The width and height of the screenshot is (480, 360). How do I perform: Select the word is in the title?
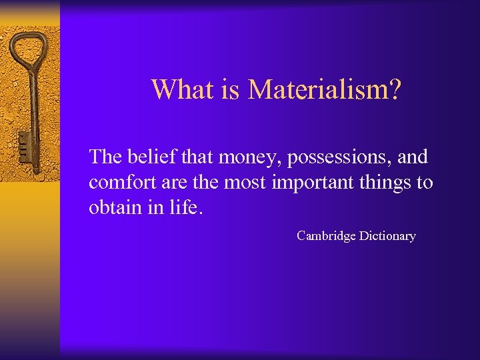(231, 89)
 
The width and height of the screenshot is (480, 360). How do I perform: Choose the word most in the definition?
(249, 182)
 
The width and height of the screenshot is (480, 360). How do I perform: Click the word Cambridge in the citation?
(326, 236)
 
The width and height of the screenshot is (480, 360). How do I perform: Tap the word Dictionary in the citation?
(387, 235)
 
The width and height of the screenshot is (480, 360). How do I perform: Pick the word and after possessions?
(413, 157)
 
